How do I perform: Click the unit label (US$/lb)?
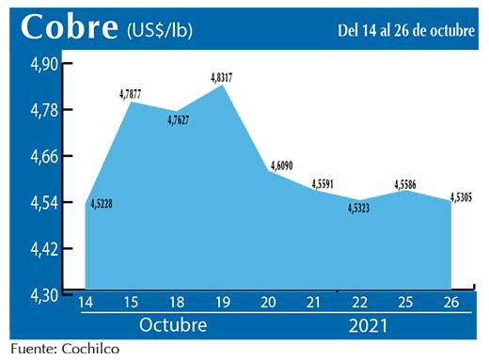tap(159, 30)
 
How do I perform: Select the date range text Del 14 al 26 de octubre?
tap(406, 30)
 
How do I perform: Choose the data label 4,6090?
tap(280, 165)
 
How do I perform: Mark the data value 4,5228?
tap(102, 202)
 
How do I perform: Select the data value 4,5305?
tap(462, 196)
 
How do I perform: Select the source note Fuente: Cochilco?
tap(66, 350)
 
